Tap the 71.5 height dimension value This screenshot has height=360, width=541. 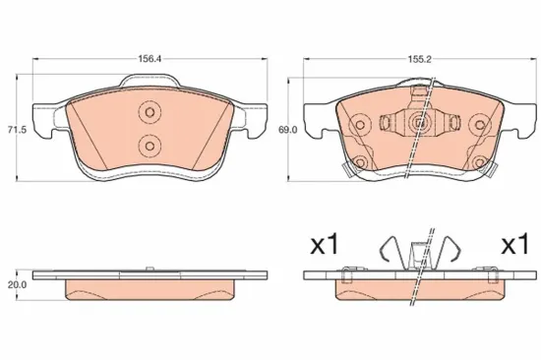[x=14, y=129]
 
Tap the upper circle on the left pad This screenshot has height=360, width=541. [x=150, y=111]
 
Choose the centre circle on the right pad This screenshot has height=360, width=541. [x=420, y=124]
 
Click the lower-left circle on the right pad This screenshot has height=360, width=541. [x=360, y=162]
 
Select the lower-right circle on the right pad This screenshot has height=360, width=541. [x=480, y=162]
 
